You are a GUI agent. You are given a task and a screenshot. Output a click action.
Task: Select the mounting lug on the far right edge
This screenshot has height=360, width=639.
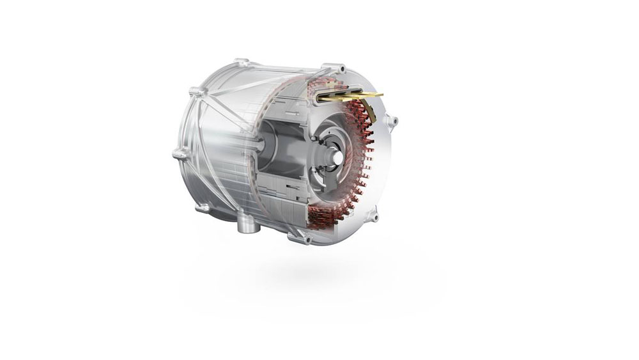[x=392, y=120]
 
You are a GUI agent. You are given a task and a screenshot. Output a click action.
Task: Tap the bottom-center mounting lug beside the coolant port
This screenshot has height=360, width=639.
[x=298, y=238]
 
